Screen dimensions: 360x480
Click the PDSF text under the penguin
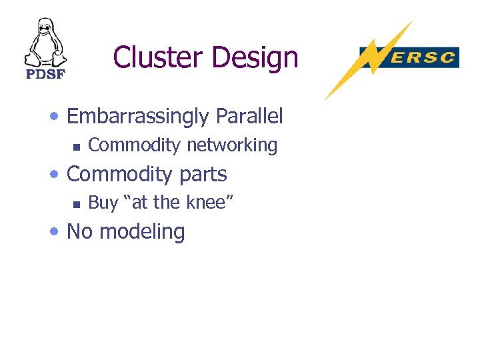pos(45,74)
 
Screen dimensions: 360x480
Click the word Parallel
pos(249,117)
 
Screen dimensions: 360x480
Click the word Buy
pos(103,203)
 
